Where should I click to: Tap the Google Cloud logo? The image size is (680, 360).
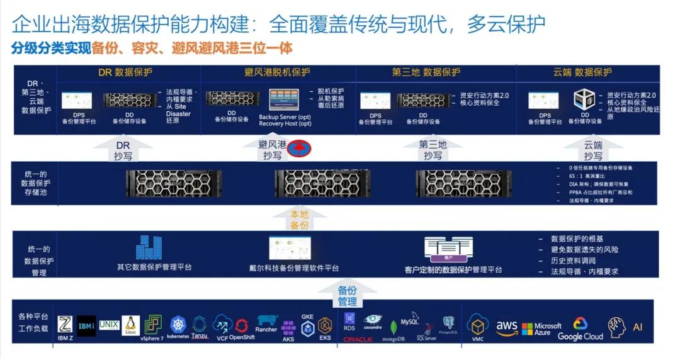580,329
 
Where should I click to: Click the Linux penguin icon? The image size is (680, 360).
131,325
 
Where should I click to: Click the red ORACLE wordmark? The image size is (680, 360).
358,339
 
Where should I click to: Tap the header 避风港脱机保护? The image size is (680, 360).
278,72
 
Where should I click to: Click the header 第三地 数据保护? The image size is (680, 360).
426,72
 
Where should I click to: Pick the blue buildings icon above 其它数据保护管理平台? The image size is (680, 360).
149,247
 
